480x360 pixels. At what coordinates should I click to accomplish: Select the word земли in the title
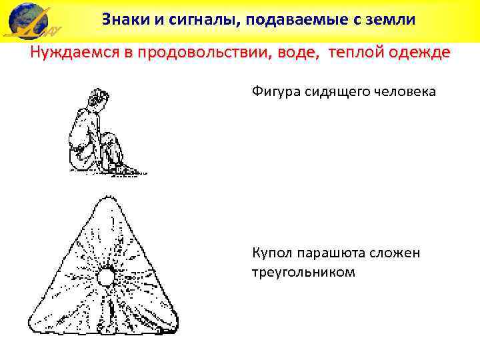tap(393, 19)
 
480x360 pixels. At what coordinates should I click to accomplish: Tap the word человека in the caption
tap(404, 92)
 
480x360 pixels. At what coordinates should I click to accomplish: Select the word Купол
tap(271, 253)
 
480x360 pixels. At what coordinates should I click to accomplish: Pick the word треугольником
tap(303, 272)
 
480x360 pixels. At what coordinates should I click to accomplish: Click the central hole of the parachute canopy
tap(106, 276)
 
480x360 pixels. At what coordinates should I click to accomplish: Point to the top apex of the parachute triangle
tap(107, 198)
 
